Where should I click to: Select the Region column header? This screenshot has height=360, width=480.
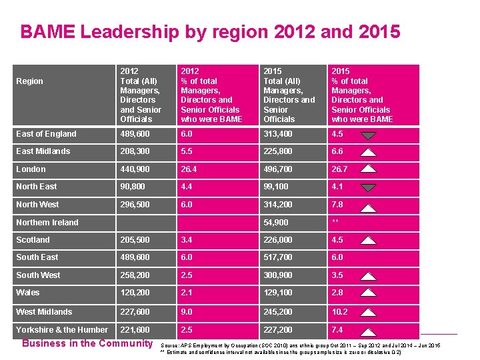point(29,81)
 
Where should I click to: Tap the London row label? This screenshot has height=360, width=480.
point(31,169)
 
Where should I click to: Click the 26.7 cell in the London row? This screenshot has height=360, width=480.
point(340,169)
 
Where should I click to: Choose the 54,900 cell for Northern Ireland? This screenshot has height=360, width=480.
point(275,223)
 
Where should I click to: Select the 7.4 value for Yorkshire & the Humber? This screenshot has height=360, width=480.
point(337,330)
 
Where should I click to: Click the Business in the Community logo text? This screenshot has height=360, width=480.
point(87,343)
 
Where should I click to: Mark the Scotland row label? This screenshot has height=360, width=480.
point(33,240)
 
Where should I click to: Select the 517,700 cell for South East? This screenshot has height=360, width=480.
point(278,257)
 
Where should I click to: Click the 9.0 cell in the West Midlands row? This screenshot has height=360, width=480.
point(187,312)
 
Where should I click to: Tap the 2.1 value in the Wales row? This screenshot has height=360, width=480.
point(187,293)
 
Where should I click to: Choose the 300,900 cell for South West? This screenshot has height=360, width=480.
point(278,275)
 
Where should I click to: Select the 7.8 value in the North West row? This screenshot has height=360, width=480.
point(337,205)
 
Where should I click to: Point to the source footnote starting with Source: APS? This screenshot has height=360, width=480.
point(300,345)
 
